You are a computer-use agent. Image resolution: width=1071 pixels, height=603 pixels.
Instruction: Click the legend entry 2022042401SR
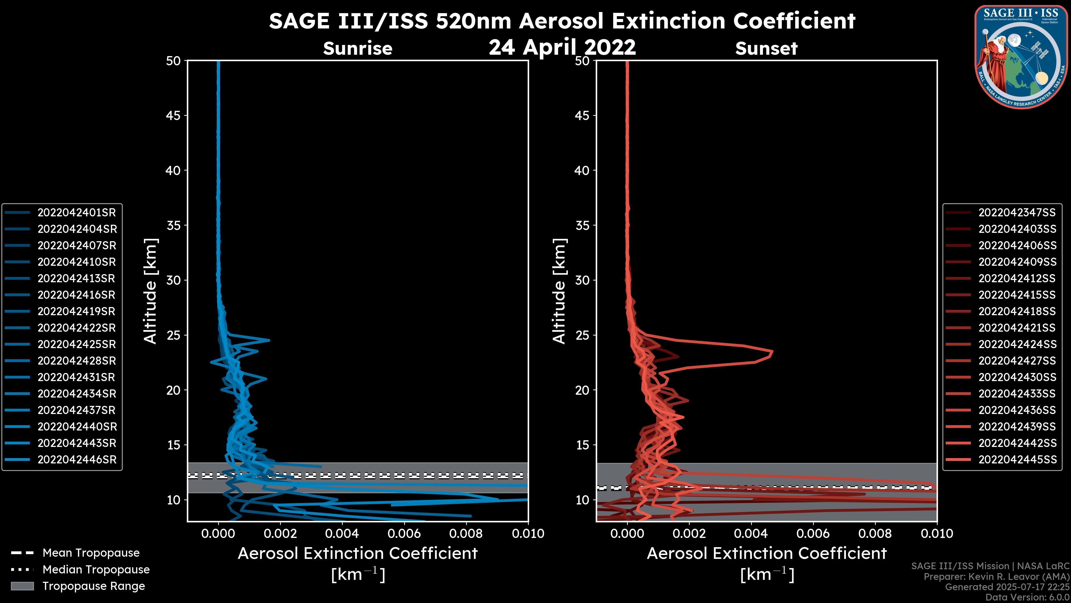tap(76, 213)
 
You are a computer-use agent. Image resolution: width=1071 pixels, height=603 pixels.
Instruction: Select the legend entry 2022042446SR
tap(76, 460)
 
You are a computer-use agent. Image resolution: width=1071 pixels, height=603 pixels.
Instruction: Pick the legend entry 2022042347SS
tap(1017, 213)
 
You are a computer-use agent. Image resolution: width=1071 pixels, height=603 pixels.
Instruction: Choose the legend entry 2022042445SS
tap(1017, 460)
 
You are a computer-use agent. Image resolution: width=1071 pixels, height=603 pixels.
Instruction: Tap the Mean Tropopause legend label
tap(91, 553)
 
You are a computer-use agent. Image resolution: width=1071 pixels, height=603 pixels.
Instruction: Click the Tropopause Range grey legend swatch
tap(22, 586)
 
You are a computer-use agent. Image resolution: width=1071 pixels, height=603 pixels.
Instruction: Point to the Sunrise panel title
tap(358, 48)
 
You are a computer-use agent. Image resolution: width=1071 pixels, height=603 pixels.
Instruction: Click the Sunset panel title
tap(766, 48)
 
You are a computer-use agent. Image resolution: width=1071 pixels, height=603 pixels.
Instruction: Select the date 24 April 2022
tap(562, 47)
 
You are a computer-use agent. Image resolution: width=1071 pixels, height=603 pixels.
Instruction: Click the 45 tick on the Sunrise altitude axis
tap(173, 116)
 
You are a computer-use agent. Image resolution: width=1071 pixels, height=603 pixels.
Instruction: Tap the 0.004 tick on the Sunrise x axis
tap(342, 533)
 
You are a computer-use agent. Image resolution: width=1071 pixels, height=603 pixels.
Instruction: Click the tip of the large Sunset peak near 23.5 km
tap(772, 353)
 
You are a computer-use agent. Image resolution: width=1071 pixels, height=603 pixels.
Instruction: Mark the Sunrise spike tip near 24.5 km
tap(269, 340)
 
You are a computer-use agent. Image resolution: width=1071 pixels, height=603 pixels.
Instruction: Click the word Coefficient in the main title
tap(794, 21)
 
